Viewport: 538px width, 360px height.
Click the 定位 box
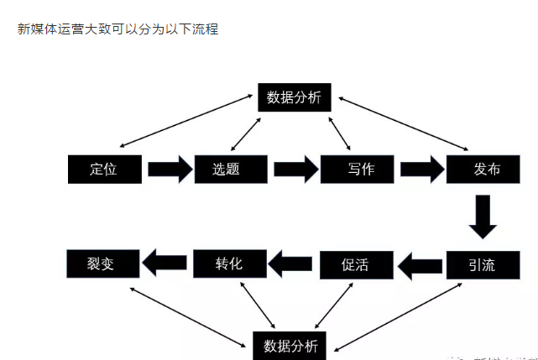[x=103, y=169]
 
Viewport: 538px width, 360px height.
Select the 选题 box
[x=231, y=169]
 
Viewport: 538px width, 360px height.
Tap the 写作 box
[x=359, y=169]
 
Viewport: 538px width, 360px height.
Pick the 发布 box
[x=485, y=169]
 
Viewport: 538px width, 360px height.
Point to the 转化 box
[x=229, y=263]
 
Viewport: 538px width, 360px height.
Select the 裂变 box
[x=102, y=263]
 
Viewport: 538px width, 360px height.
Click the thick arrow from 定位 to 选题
[x=170, y=169]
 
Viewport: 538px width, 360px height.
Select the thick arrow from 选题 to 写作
[x=295, y=170]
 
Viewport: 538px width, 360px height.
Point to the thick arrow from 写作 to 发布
[x=421, y=169]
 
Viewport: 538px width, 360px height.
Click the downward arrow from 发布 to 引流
[x=483, y=217]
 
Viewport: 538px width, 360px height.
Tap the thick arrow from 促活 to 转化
[x=292, y=265]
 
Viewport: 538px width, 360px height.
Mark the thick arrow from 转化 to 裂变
[x=165, y=264]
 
